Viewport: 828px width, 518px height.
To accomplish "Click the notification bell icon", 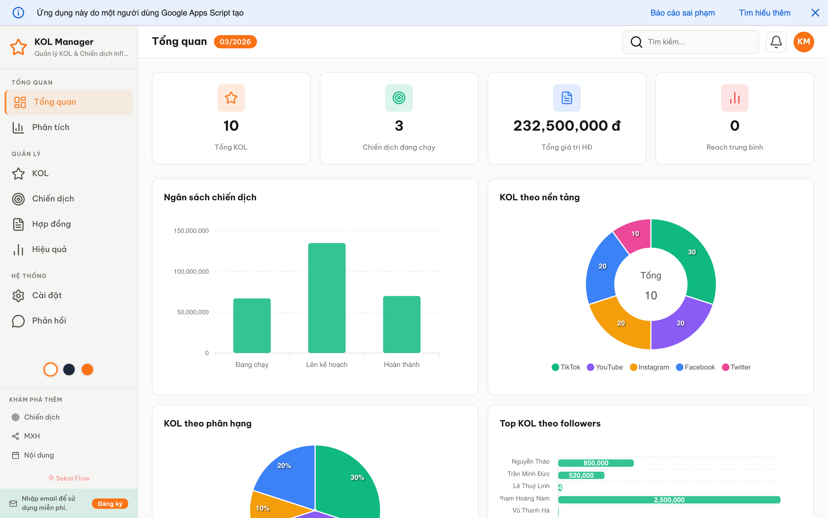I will [x=776, y=42].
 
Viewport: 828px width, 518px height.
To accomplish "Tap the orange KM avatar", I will [x=803, y=42].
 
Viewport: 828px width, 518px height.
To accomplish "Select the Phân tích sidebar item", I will [x=51, y=127].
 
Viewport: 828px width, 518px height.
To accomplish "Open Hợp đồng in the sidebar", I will [x=51, y=224].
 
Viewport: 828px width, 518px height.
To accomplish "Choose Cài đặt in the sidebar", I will [x=47, y=295].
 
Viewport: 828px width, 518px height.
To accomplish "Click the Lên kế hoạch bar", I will [x=327, y=298].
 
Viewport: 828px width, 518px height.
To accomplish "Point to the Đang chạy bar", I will [x=252, y=325].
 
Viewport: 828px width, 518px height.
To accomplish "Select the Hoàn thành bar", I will [x=402, y=324].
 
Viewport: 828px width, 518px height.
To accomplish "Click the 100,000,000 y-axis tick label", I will [x=191, y=272].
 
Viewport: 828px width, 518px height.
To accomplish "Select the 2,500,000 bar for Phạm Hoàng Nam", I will [x=669, y=500].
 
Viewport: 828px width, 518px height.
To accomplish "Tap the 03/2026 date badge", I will [x=235, y=42].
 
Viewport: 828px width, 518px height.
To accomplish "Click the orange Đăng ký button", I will [x=110, y=504].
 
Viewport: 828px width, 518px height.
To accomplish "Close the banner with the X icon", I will [x=815, y=13].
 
